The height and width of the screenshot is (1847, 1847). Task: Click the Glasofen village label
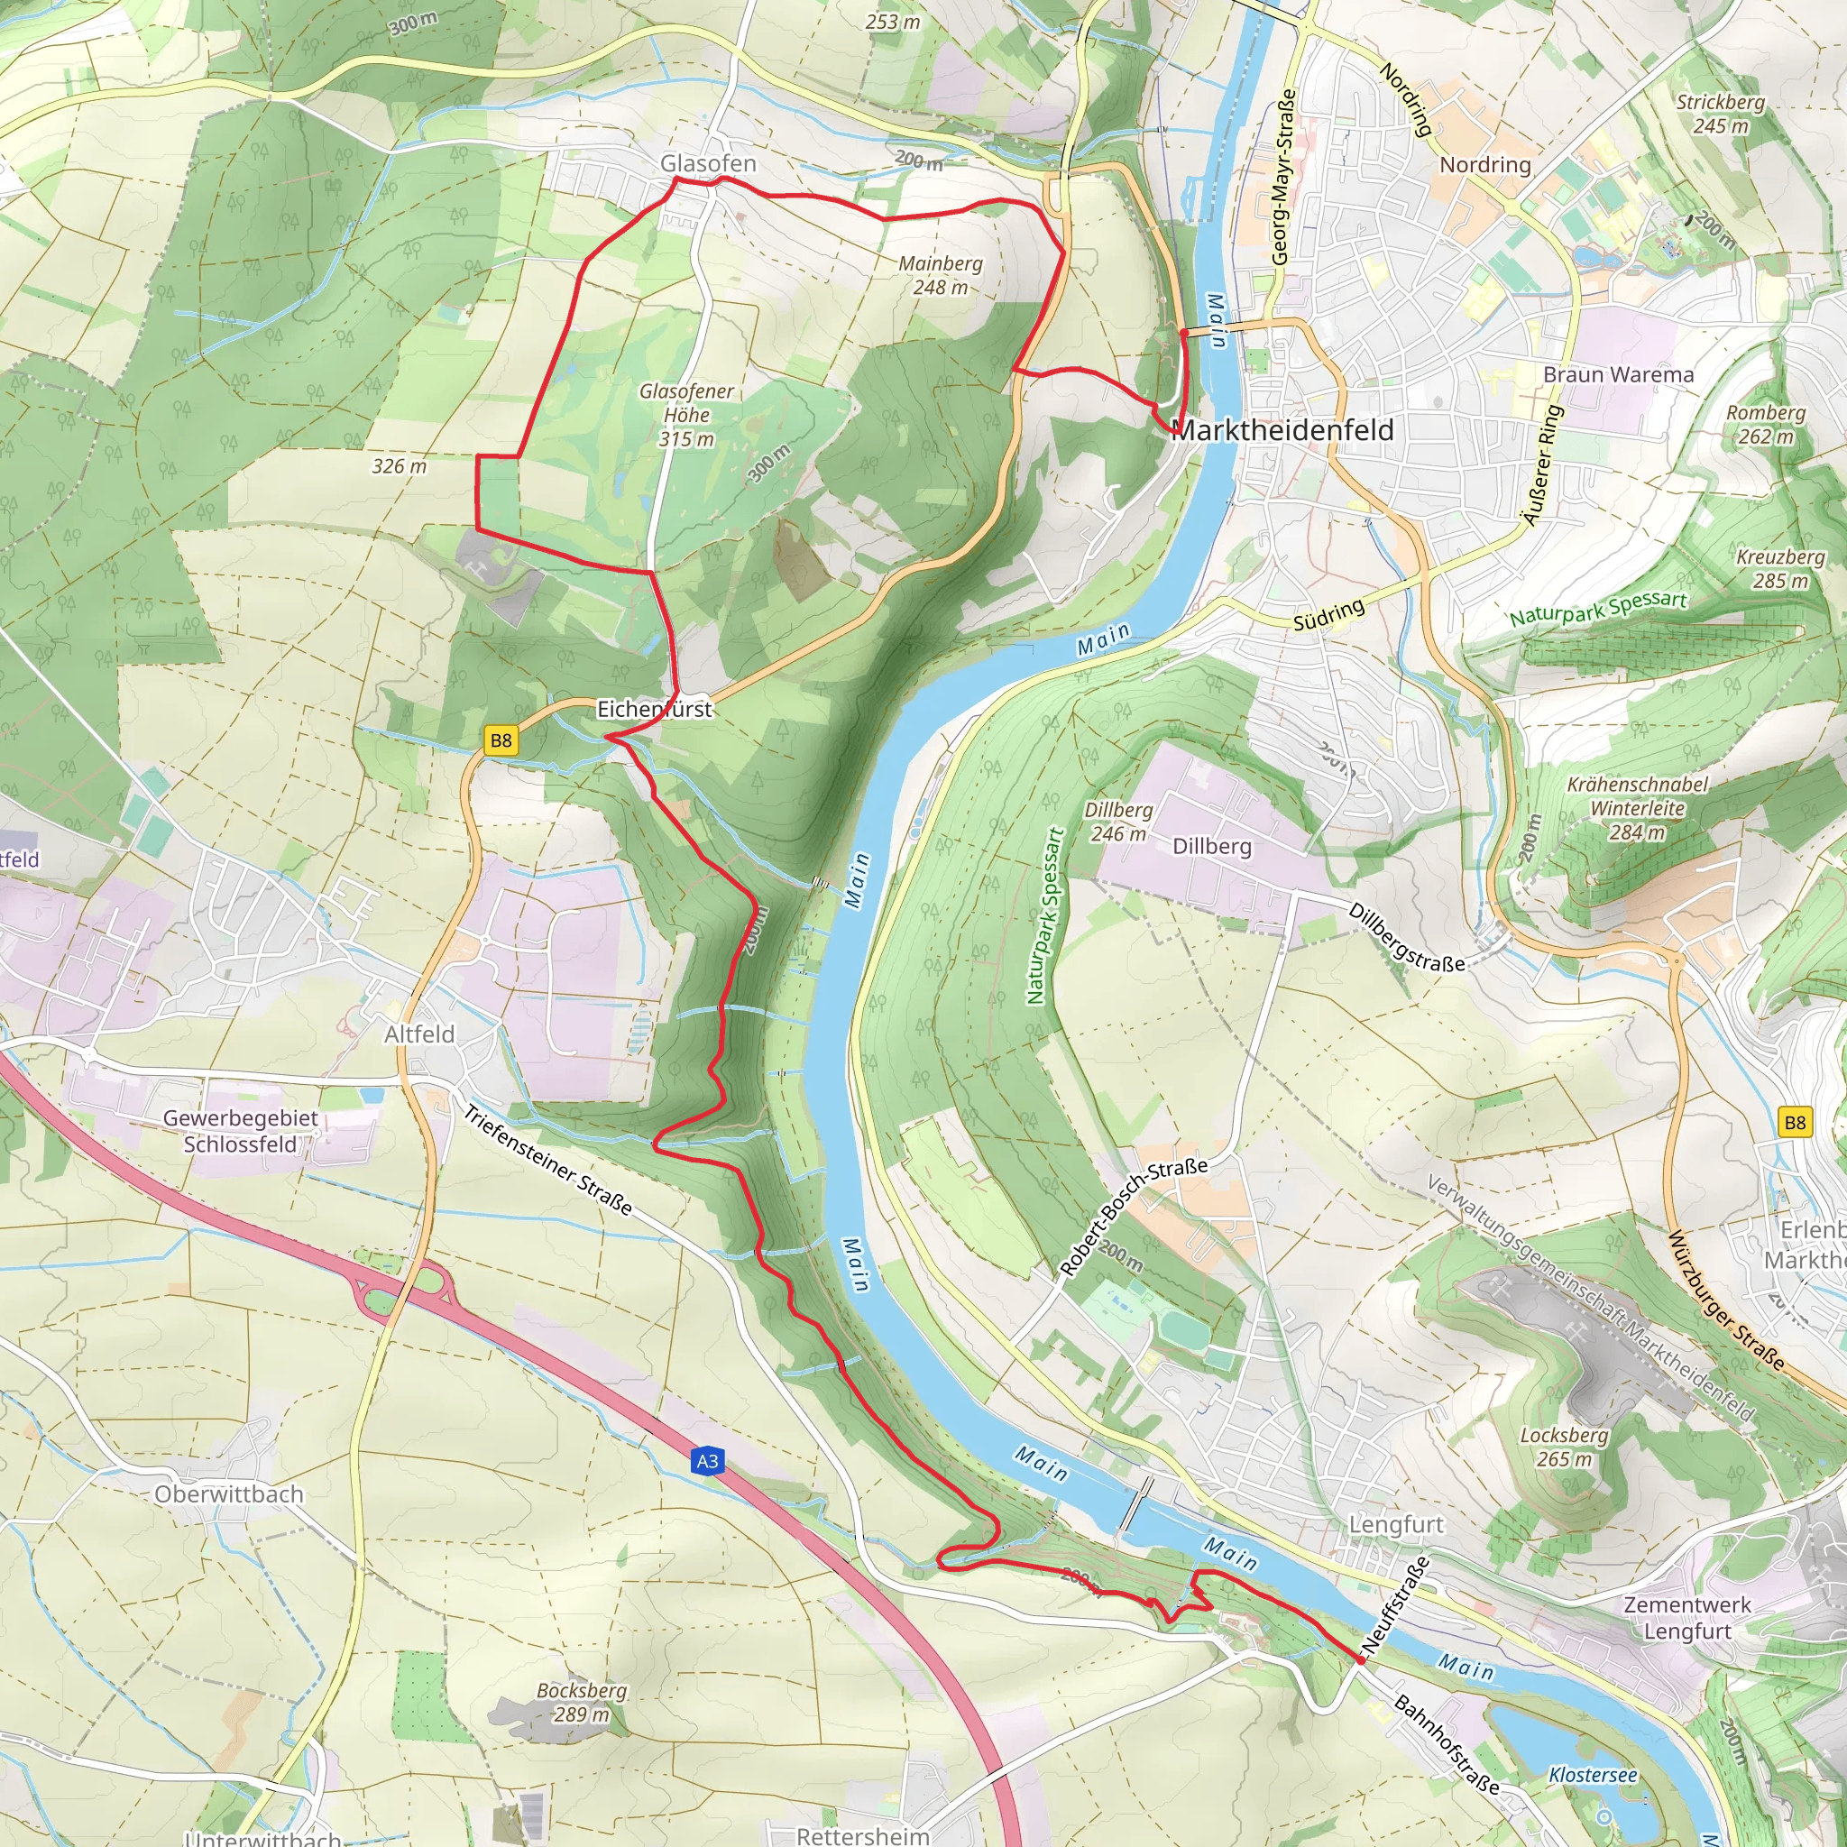click(707, 163)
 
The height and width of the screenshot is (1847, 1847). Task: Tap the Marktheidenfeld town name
click(1282, 430)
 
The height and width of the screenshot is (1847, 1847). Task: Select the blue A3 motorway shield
click(706, 1461)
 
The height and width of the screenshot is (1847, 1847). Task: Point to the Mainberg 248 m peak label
click(940, 274)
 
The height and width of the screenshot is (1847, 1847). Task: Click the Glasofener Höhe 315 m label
click(686, 415)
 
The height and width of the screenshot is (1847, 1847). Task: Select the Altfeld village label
click(418, 1034)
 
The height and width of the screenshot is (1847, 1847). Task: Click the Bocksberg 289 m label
click(582, 1702)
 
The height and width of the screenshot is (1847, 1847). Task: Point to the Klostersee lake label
click(1593, 1774)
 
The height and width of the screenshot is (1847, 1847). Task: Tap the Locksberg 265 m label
click(1564, 1447)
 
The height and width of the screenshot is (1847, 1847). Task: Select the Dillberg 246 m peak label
click(1117, 822)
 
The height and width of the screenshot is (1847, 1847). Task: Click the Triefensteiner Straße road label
click(547, 1160)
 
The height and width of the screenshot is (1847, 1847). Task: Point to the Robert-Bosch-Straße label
click(1134, 1216)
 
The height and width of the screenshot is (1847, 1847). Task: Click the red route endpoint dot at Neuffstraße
click(1359, 1660)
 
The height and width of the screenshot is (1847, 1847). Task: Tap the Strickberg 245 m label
click(1721, 113)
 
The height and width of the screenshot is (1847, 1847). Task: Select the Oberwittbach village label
click(228, 1493)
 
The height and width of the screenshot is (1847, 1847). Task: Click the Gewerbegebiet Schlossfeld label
click(240, 1131)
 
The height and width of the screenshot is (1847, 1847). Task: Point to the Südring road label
click(1328, 616)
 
